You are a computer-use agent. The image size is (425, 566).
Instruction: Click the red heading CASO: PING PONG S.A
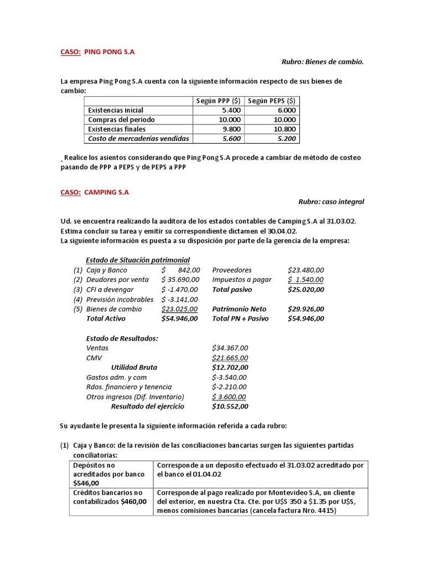97,52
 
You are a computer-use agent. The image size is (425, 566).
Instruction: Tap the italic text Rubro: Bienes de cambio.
323,62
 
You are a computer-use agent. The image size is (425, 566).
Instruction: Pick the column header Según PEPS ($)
271,100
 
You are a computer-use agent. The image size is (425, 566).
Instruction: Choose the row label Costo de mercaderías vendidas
138,138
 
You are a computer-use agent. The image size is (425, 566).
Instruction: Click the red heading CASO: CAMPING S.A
95,192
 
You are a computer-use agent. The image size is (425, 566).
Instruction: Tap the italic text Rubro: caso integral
331,202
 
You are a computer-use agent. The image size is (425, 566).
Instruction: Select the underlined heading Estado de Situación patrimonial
138,260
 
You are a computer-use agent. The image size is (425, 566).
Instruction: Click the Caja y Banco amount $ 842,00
180,270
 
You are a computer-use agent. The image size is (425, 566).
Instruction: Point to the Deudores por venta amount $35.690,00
180,280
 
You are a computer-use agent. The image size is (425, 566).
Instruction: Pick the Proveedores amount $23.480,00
306,270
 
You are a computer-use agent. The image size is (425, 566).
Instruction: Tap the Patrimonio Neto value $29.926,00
306,309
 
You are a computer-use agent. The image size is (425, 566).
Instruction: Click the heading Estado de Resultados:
122,338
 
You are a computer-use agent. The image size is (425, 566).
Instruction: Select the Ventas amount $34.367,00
230,348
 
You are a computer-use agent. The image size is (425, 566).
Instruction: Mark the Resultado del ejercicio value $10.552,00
230,406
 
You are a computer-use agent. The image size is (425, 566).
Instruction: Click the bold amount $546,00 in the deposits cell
85,483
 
